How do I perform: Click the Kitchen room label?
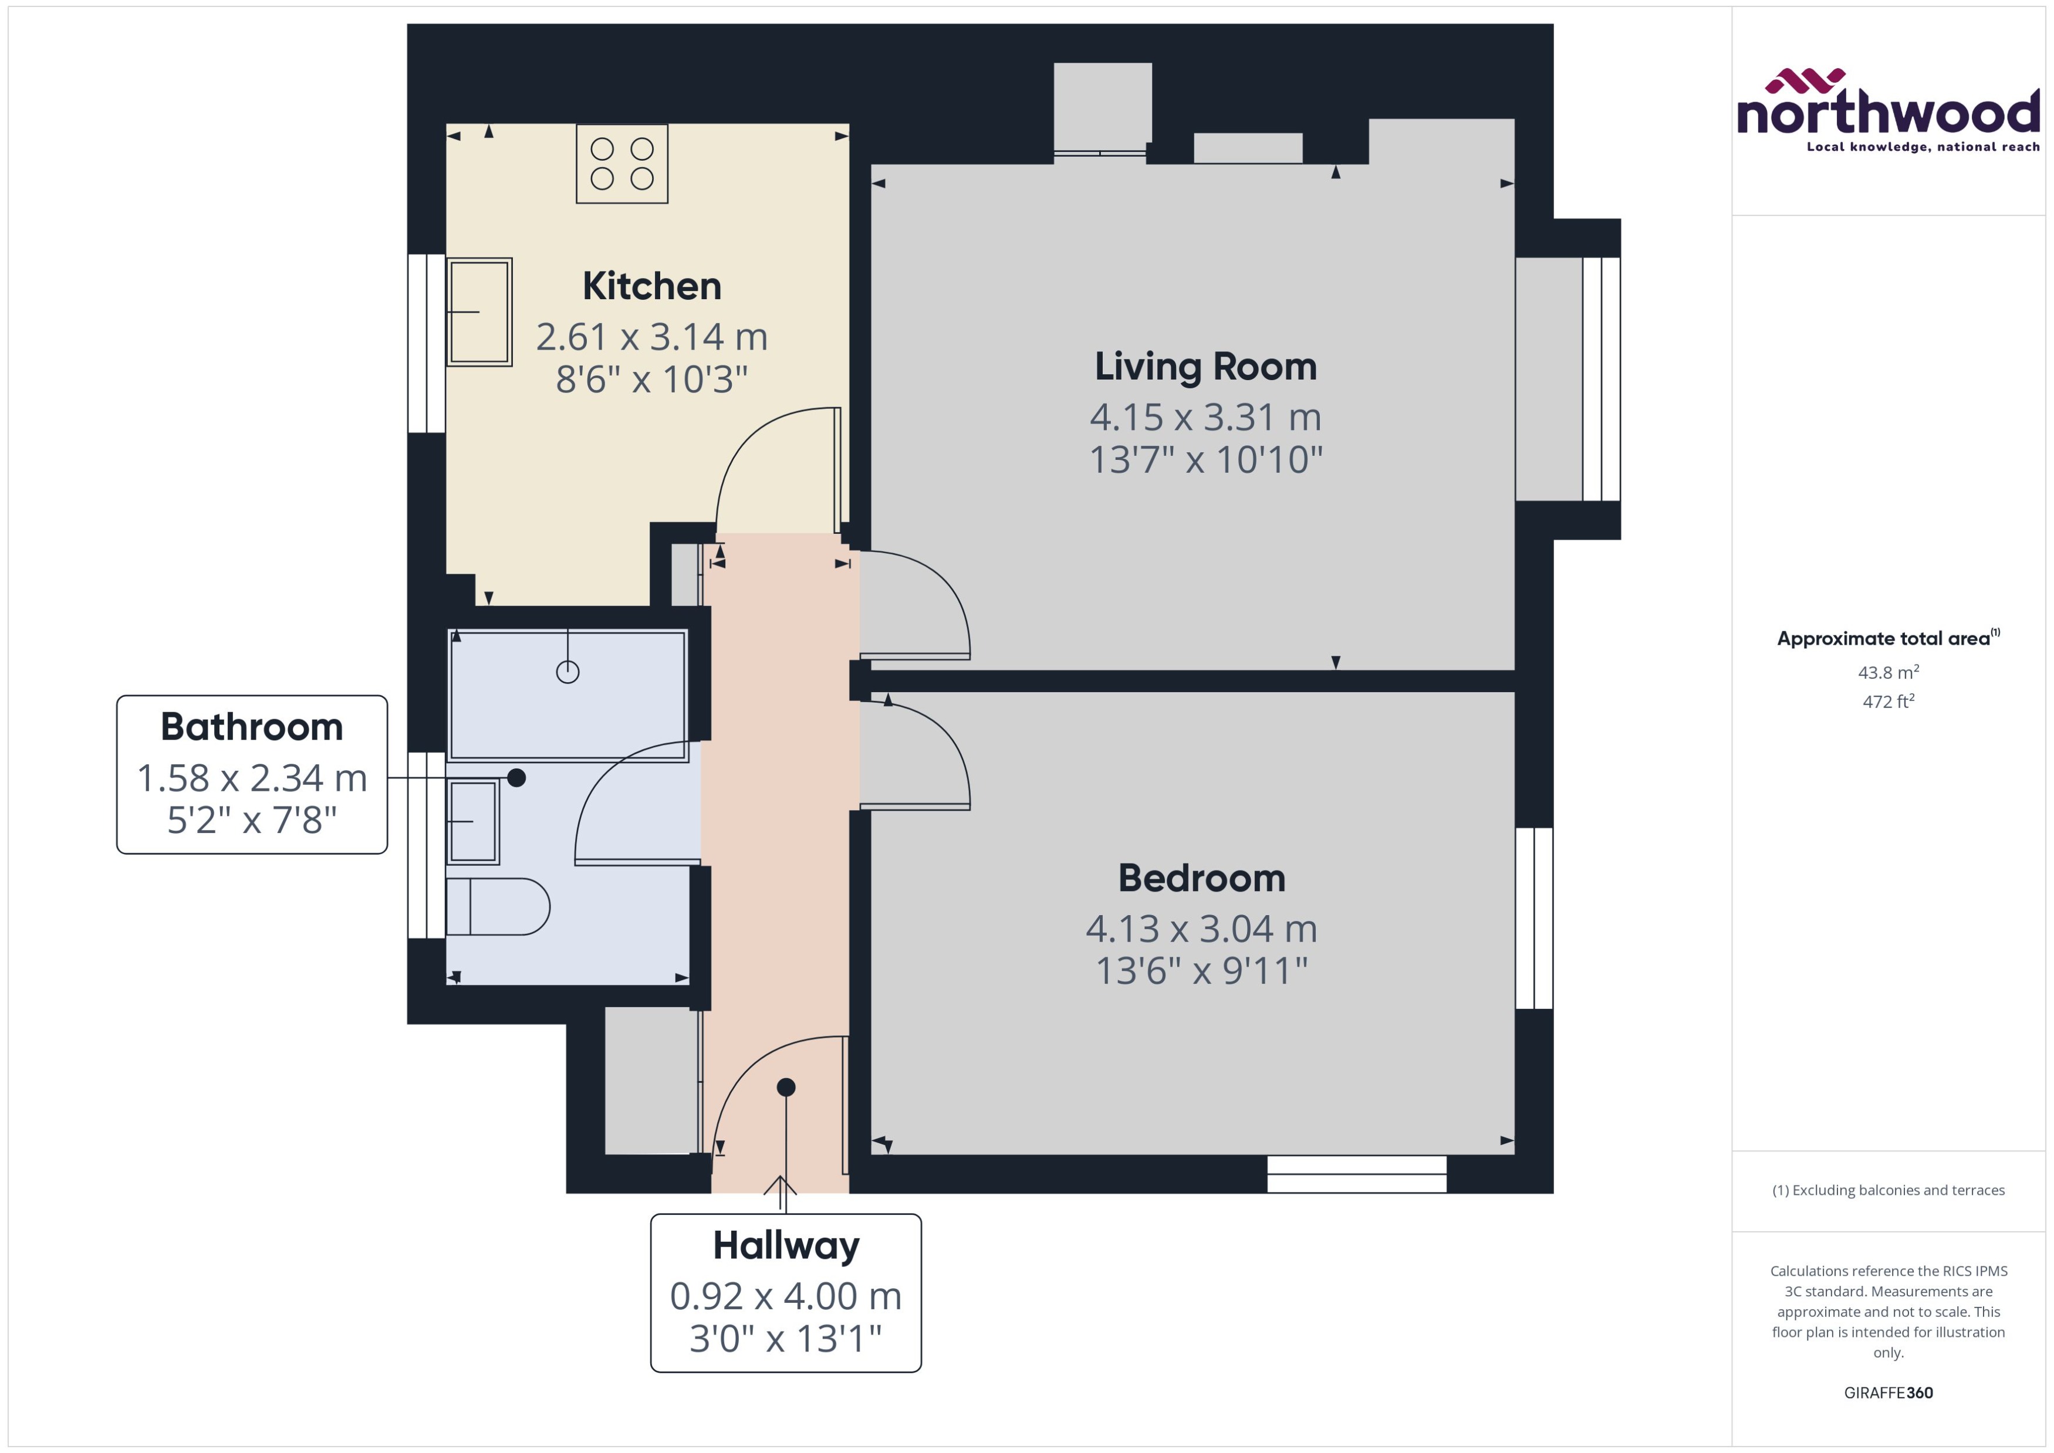tap(651, 286)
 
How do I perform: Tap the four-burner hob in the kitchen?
tap(622, 164)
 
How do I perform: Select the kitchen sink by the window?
tap(479, 311)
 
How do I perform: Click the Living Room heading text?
tap(1205, 367)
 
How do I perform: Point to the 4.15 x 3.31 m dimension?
tap(1205, 417)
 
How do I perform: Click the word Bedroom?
tap(1201, 879)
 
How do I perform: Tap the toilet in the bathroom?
tap(498, 906)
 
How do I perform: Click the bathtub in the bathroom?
tap(567, 695)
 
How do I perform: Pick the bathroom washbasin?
tap(472, 821)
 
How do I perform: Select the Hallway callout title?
tap(786, 1245)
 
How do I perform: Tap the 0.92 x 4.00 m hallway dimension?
tap(786, 1296)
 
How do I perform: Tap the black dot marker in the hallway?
tap(786, 1087)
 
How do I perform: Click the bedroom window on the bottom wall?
tap(1357, 1173)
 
